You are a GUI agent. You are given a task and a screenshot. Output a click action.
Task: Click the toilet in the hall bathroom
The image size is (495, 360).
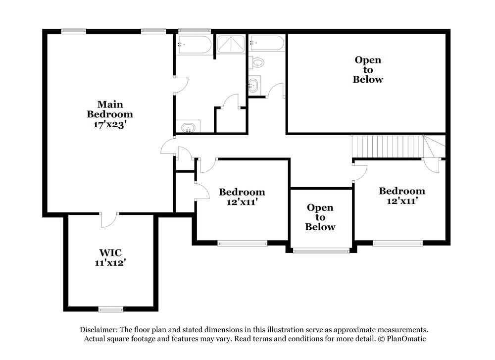click(x=257, y=62)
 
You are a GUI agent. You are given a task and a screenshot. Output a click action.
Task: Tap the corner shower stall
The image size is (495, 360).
click(x=231, y=44)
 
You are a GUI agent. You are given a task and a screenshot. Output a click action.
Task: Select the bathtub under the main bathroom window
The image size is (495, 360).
click(x=194, y=44)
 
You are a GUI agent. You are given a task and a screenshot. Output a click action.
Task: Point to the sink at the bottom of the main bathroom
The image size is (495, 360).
click(x=188, y=128)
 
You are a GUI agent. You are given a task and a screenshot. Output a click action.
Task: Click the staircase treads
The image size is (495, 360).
click(x=389, y=146)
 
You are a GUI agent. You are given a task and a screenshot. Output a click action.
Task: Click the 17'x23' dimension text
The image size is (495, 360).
click(x=110, y=125)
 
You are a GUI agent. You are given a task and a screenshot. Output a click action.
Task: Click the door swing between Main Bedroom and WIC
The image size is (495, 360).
click(x=109, y=220)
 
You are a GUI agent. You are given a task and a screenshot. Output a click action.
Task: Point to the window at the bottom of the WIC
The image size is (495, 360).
click(x=111, y=309)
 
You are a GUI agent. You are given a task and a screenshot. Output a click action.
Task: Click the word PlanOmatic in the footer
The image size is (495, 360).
click(x=405, y=339)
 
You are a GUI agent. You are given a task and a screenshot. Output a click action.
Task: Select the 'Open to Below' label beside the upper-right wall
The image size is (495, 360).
click(x=368, y=69)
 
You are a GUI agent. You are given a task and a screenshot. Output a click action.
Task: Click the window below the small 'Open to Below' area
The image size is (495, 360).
click(x=321, y=251)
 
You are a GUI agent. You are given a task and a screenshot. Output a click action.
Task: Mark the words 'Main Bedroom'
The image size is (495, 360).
click(x=110, y=109)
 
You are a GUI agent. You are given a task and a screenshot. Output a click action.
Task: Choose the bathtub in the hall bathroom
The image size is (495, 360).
click(x=267, y=44)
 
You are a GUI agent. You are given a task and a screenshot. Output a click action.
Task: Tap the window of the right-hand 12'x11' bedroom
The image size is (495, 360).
click(x=397, y=243)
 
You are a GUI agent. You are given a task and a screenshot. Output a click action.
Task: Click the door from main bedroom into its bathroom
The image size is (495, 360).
click(x=180, y=85)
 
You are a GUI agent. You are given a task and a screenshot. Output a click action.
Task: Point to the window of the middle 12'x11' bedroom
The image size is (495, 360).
click(x=242, y=243)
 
